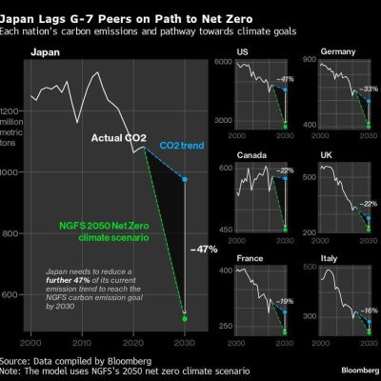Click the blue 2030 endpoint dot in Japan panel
pyautogui.click(x=185, y=179)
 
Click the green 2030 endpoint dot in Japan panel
pyautogui.click(x=185, y=318)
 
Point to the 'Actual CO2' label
pyautogui.click(x=118, y=139)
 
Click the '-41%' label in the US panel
pyautogui.click(x=284, y=79)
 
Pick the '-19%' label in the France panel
pyautogui.click(x=284, y=301)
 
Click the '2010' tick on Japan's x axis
pyautogui.click(x=82, y=340)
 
